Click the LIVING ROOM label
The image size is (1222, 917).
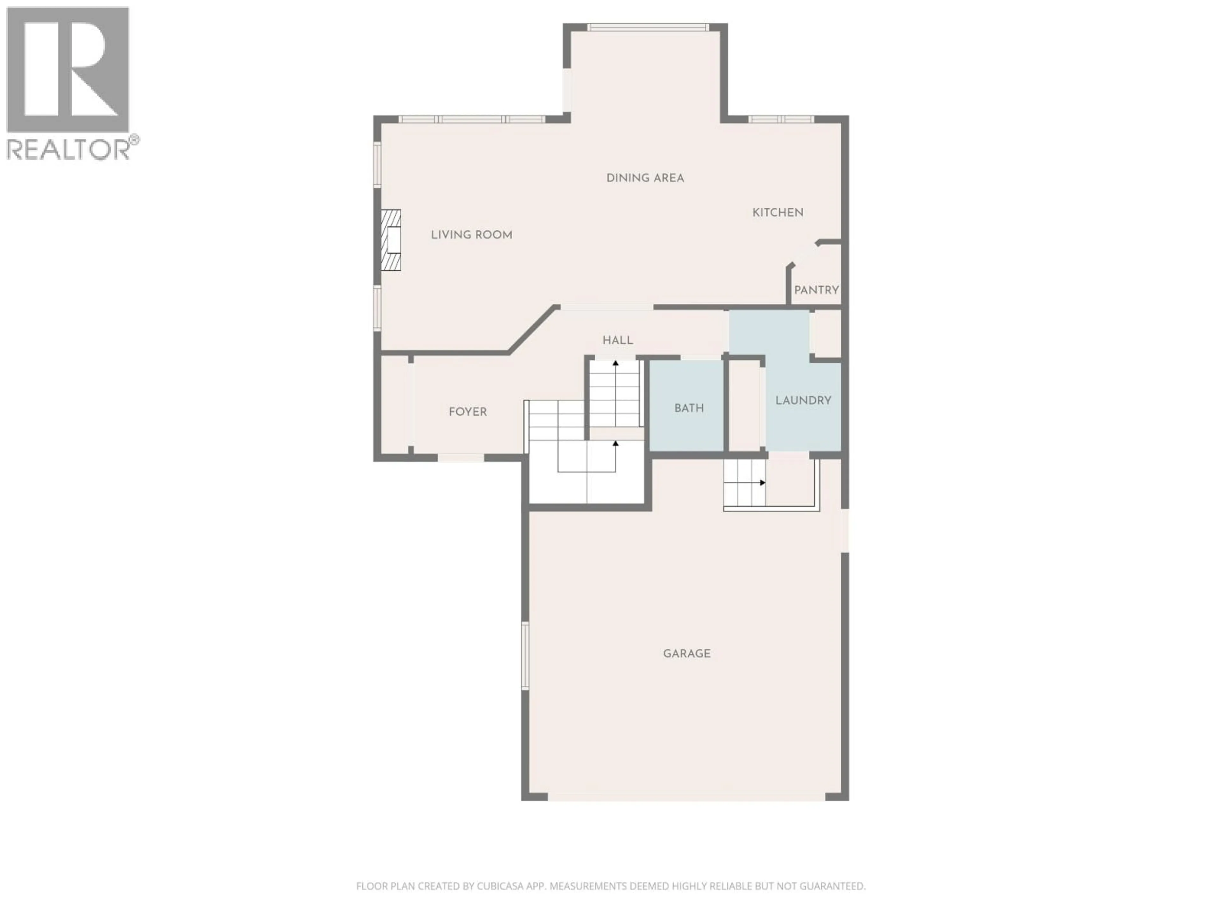(471, 235)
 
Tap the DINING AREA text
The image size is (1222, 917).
(645, 178)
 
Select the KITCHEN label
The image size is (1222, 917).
(777, 212)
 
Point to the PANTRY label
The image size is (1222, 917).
(816, 290)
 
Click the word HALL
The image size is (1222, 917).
(617, 340)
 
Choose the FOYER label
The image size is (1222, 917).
(467, 412)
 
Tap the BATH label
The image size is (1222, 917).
(688, 408)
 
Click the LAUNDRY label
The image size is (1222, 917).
(803, 400)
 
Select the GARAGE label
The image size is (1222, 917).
(686, 653)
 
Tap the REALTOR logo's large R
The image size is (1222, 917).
(67, 69)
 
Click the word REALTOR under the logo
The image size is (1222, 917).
(67, 149)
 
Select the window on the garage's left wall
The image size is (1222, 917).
(525, 656)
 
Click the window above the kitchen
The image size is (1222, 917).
(781, 119)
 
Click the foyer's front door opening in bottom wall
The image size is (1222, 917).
(461, 458)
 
